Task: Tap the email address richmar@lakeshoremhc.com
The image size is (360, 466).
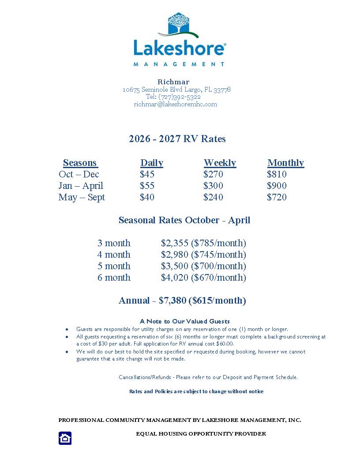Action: (x=176, y=104)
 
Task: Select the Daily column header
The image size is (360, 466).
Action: (x=152, y=163)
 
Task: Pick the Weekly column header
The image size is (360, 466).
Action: (x=220, y=163)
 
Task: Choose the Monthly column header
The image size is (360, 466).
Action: (x=285, y=163)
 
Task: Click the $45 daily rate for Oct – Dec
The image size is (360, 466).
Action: (x=147, y=174)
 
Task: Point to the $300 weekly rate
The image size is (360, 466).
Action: (x=213, y=186)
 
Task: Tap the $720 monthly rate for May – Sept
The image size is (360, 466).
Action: (x=277, y=197)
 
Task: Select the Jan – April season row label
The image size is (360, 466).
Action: (x=81, y=186)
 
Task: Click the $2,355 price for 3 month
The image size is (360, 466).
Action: (x=175, y=243)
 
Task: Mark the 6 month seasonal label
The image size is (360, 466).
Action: (x=114, y=278)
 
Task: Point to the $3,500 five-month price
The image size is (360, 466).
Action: (x=175, y=266)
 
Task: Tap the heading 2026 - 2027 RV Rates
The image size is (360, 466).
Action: (x=177, y=139)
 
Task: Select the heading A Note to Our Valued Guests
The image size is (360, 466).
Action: (x=185, y=321)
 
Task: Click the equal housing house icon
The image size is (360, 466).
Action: (x=65, y=438)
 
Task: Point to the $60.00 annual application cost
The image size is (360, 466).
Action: (x=225, y=344)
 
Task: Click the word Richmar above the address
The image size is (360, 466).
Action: (x=173, y=82)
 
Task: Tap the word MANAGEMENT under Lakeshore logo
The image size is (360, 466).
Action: (x=179, y=64)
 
